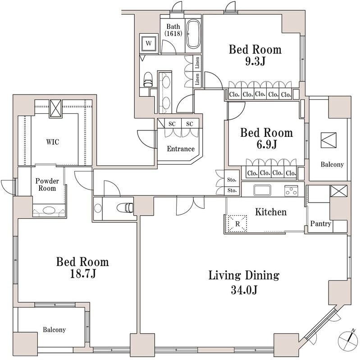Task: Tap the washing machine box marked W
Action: pyautogui.click(x=149, y=43)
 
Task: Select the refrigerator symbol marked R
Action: pyautogui.click(x=237, y=224)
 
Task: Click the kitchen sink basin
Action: pyautogui.click(x=262, y=190)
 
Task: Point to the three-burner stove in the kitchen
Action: pyautogui.click(x=291, y=190)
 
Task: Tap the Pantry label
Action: pyautogui.click(x=321, y=223)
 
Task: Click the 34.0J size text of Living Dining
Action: pyautogui.click(x=244, y=290)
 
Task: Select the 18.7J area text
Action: pyautogui.click(x=82, y=274)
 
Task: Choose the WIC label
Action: pyautogui.click(x=53, y=142)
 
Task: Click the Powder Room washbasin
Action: pyautogui.click(x=49, y=210)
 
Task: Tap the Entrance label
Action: pyautogui.click(x=181, y=149)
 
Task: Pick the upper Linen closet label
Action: pyautogui.click(x=197, y=63)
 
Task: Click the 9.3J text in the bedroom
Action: pyautogui.click(x=255, y=61)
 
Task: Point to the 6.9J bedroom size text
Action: pyautogui.click(x=267, y=144)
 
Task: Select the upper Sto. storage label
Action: pyautogui.click(x=232, y=180)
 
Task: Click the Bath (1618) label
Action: pyautogui.click(x=173, y=30)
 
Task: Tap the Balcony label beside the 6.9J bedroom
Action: pyautogui.click(x=332, y=164)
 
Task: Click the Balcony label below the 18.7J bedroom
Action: pyautogui.click(x=54, y=330)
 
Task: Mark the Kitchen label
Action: pyautogui.click(x=271, y=212)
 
